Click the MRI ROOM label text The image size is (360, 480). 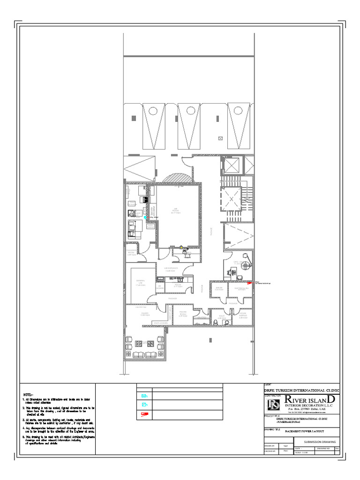(176, 210)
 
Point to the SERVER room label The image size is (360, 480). (219, 288)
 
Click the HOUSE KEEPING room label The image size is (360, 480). (243, 315)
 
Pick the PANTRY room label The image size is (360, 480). (145, 314)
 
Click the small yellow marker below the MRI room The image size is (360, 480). (181, 247)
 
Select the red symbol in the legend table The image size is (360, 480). (145, 414)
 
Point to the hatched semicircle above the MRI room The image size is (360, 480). (178, 180)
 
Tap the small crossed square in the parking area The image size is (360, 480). (221, 138)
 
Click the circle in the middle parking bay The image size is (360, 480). (189, 111)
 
